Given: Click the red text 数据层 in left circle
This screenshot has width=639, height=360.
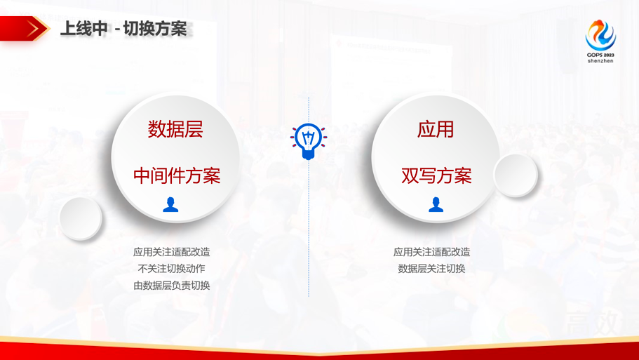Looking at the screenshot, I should pyautogui.click(x=175, y=129).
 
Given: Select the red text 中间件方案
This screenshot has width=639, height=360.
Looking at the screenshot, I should pyautogui.click(x=177, y=175).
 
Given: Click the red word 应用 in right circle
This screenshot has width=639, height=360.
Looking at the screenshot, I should pyautogui.click(x=436, y=129).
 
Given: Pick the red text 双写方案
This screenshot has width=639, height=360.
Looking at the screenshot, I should pyautogui.click(x=436, y=175).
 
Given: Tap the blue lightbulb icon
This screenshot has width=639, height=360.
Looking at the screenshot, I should pyautogui.click(x=309, y=140).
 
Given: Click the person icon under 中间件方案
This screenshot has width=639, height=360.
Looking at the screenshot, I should pyautogui.click(x=170, y=204).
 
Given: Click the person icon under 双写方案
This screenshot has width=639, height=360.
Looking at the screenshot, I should pyautogui.click(x=436, y=204).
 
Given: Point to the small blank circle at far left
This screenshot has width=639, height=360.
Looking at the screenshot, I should pyautogui.click(x=80, y=218).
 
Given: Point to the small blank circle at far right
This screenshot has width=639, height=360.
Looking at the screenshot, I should pyautogui.click(x=516, y=175).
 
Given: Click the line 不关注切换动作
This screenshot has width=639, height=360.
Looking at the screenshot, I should pyautogui.click(x=172, y=269).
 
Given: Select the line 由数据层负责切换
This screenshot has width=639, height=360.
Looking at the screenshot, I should pyautogui.click(x=172, y=286).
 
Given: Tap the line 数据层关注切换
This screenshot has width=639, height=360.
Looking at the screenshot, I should pyautogui.click(x=432, y=269).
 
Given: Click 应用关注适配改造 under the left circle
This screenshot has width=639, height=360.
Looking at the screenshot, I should pyautogui.click(x=172, y=252).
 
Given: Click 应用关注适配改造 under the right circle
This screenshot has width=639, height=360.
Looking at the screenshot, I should pyautogui.click(x=432, y=252).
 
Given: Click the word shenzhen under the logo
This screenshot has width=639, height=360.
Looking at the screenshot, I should pyautogui.click(x=600, y=61).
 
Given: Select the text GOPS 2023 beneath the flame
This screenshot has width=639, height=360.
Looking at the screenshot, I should pyautogui.click(x=600, y=54).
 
